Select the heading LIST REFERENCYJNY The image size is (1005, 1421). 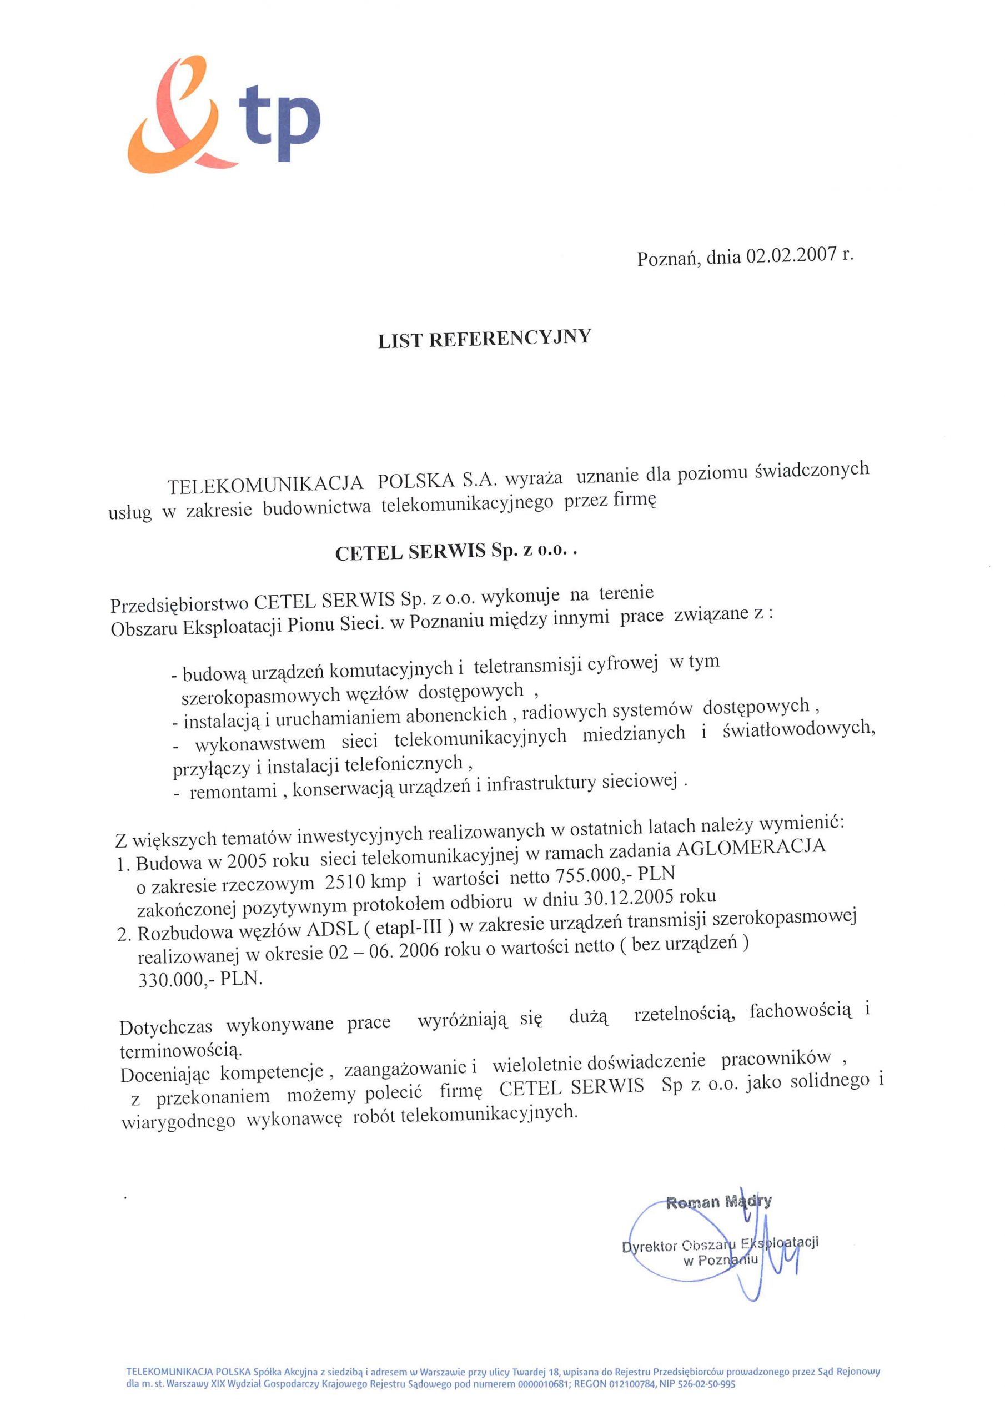[484, 339]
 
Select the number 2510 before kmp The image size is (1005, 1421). [345, 881]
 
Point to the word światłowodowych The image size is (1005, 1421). [798, 729]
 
